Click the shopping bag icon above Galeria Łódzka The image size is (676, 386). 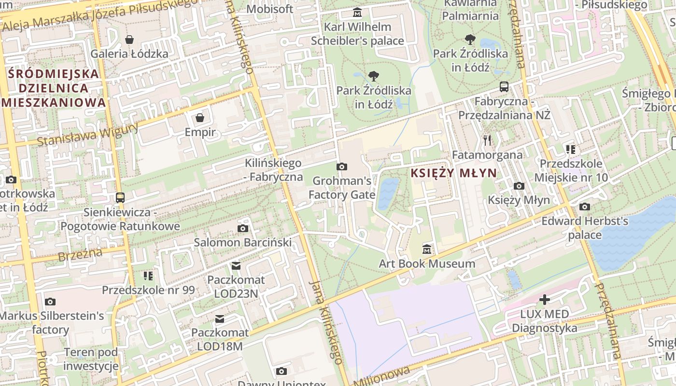(x=129, y=40)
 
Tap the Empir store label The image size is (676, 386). (x=200, y=132)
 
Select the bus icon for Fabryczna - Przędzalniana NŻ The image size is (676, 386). (x=504, y=87)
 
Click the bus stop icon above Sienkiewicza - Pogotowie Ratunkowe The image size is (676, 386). (x=120, y=197)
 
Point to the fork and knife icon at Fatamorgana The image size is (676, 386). (x=487, y=140)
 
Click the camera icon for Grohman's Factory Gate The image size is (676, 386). (x=342, y=166)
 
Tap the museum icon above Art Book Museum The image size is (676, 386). (x=427, y=249)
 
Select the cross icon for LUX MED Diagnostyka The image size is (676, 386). (x=545, y=300)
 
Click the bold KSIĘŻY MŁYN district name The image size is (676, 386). (x=453, y=173)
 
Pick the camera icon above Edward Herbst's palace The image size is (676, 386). (x=585, y=207)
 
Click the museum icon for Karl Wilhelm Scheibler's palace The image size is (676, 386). (x=357, y=12)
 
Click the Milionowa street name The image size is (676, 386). (x=381, y=375)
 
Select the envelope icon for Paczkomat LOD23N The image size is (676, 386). (x=236, y=265)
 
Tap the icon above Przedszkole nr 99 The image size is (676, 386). (x=148, y=276)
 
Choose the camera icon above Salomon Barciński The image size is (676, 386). (x=243, y=228)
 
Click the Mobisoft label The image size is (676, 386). (x=270, y=9)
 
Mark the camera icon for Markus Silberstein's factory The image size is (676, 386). (x=50, y=302)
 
